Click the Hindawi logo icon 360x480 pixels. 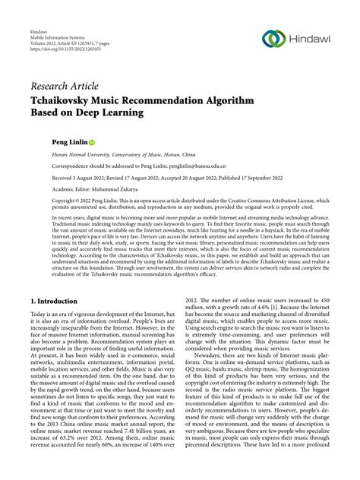pos(274,39)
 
